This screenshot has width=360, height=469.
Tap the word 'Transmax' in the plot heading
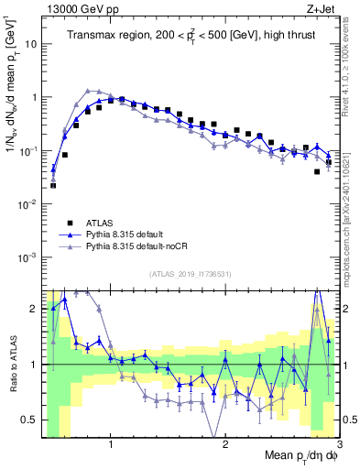click(92, 36)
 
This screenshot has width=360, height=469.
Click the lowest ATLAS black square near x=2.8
click(317, 171)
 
